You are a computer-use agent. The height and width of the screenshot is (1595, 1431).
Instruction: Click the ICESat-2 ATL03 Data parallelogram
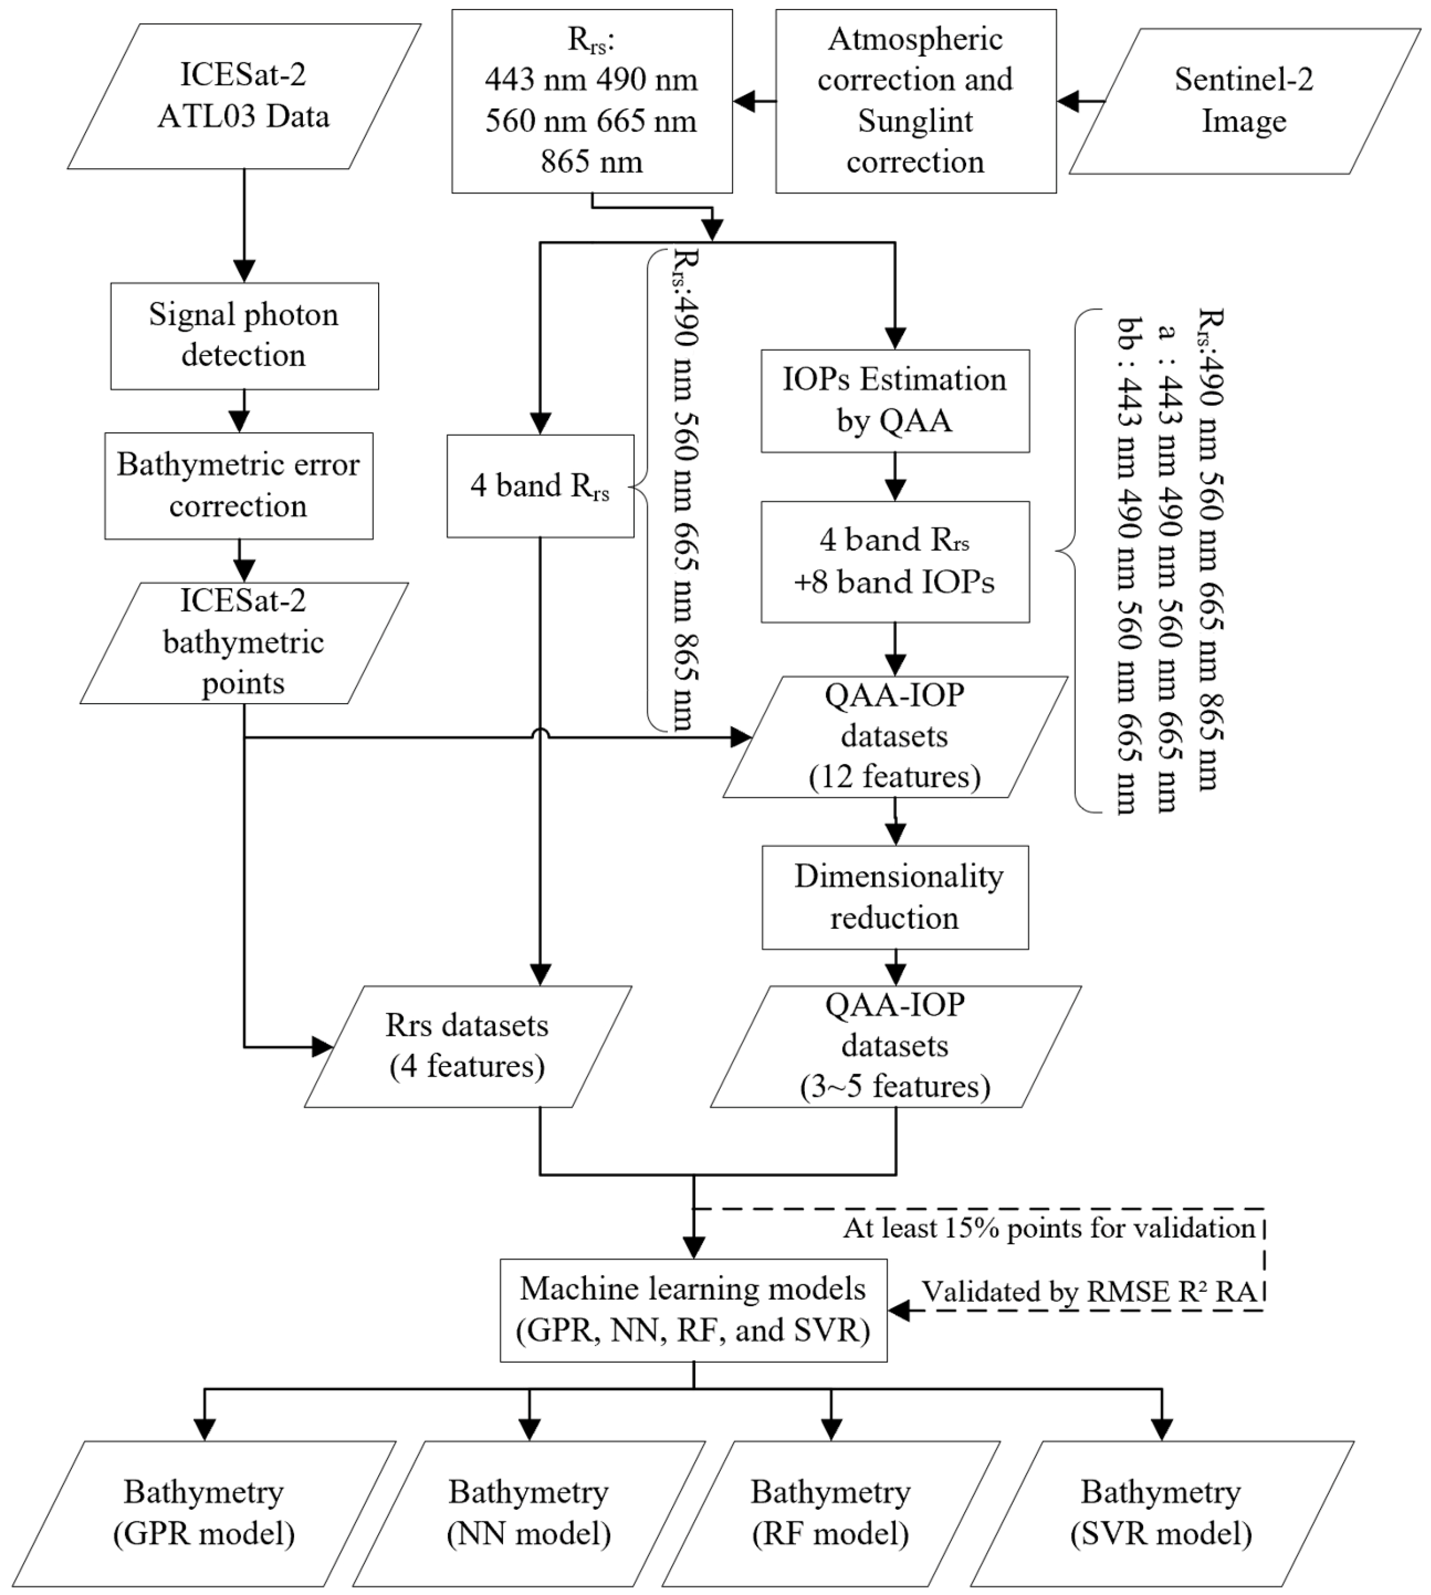coord(244,96)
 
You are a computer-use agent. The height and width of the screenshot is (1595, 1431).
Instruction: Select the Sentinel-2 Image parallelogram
coord(1244,101)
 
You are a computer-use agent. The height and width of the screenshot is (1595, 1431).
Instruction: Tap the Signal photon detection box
coord(244,336)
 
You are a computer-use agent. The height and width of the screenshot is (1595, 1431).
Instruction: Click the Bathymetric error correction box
coord(238,485)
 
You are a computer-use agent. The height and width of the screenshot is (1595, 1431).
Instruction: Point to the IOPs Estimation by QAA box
coord(895,400)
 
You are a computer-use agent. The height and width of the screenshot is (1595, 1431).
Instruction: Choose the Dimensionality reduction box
coord(895,897)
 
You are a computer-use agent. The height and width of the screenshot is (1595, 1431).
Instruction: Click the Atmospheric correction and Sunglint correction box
coord(915,101)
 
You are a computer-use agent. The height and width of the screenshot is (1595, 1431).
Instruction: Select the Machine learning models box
coord(693,1309)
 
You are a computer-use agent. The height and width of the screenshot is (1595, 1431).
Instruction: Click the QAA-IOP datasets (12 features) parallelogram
coord(895,736)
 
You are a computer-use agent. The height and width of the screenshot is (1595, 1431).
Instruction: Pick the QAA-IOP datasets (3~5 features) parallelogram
coord(895,1046)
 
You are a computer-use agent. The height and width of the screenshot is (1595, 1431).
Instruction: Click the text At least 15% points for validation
coord(1049,1228)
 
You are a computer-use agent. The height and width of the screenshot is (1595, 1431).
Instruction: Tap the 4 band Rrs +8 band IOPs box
coord(895,561)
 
